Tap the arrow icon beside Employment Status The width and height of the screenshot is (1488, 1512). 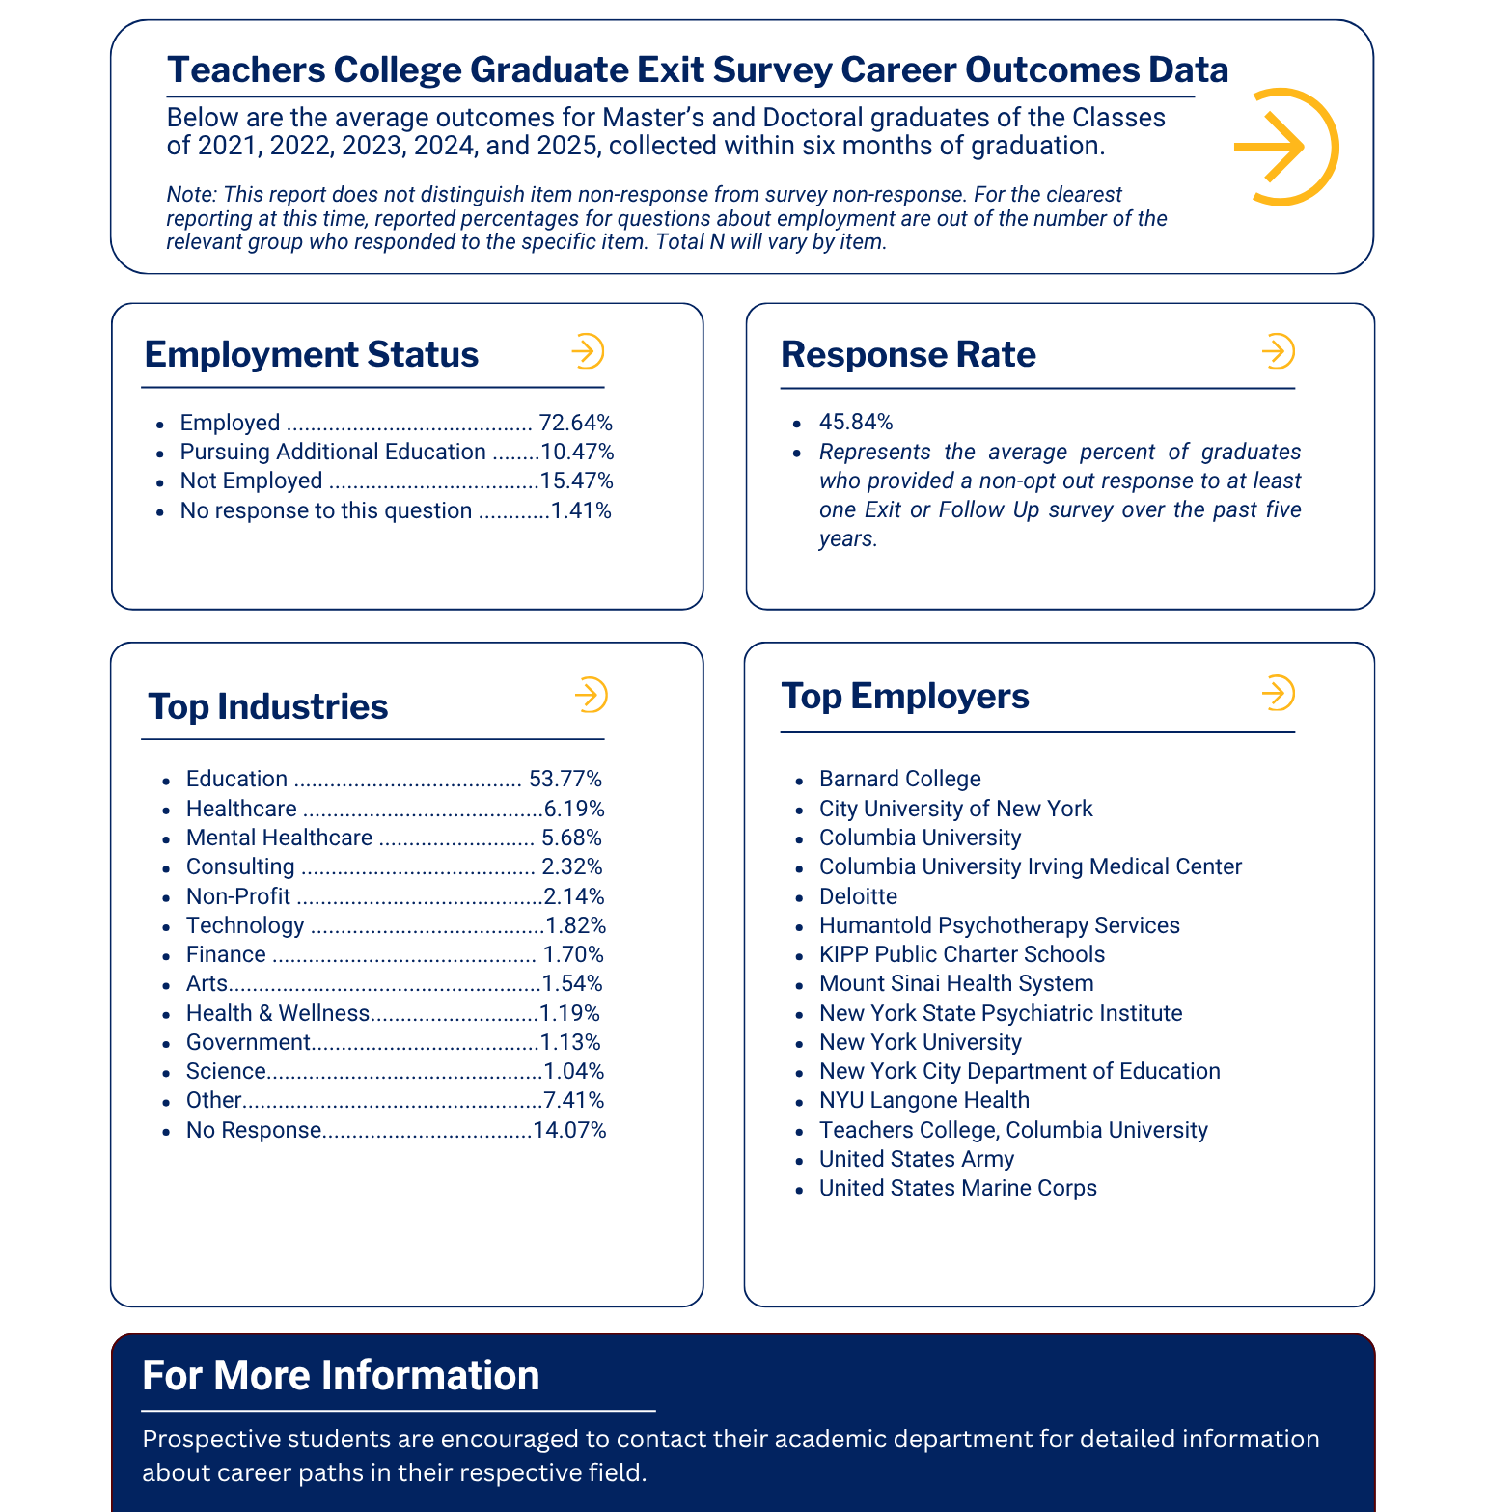pos(587,351)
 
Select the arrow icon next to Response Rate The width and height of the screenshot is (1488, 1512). pos(1278,351)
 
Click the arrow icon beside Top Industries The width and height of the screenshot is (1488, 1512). pos(590,695)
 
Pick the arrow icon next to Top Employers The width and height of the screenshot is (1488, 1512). pos(1278,693)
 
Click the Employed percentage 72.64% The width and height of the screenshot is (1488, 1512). pos(575,423)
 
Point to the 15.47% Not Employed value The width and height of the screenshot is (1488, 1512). pos(576,481)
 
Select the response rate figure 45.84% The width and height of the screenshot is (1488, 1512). pos(856,422)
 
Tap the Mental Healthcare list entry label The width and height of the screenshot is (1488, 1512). pos(279,838)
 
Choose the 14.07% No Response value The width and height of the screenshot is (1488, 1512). pos(569,1130)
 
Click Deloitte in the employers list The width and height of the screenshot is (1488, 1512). pos(858,896)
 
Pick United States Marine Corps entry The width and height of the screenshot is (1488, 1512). pos(957,1188)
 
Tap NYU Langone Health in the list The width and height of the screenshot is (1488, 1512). pos(923,1100)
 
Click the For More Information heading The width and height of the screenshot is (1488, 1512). pos(341,1375)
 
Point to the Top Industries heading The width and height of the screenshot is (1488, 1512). pos(268,706)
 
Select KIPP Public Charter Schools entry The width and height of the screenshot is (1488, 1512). pos(961,954)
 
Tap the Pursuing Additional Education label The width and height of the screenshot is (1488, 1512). pos(333,452)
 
